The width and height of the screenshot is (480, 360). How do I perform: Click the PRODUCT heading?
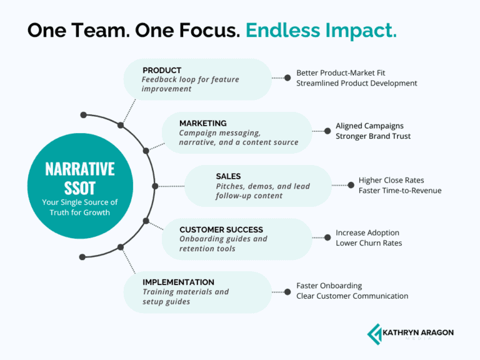pyautogui.click(x=162, y=70)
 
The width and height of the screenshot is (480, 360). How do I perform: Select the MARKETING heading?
pyautogui.click(x=202, y=123)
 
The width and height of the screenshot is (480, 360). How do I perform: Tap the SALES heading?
pyautogui.click(x=228, y=176)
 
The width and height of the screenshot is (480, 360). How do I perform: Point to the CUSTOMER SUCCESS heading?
pyautogui.click(x=221, y=229)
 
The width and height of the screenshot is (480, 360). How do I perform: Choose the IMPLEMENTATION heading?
pyautogui.click(x=178, y=282)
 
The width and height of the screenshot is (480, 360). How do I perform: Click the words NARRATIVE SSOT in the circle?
pyautogui.click(x=80, y=177)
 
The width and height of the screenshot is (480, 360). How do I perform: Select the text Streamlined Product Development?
pyautogui.click(x=356, y=83)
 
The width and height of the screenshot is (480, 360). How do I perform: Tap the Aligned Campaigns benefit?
pyautogui.click(x=369, y=126)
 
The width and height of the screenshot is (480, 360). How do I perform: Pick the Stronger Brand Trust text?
pyautogui.click(x=373, y=136)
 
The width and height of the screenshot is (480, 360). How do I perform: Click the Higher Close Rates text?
pyautogui.click(x=391, y=180)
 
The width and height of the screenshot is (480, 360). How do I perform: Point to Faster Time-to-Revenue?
pyautogui.click(x=400, y=190)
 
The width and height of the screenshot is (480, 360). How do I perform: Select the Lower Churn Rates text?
pyautogui.click(x=369, y=243)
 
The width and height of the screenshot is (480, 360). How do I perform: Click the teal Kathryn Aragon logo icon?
pyautogui.click(x=375, y=333)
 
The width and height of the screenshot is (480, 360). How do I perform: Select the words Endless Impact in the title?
pyautogui.click(x=321, y=31)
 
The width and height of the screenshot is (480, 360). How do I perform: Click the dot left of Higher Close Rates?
pyautogui.click(x=351, y=185)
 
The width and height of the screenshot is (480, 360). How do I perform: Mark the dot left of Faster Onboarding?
pyautogui.click(x=287, y=291)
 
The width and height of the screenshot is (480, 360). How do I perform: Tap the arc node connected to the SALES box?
pyautogui.click(x=155, y=186)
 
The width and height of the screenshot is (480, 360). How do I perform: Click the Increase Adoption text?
pyautogui.click(x=367, y=233)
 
